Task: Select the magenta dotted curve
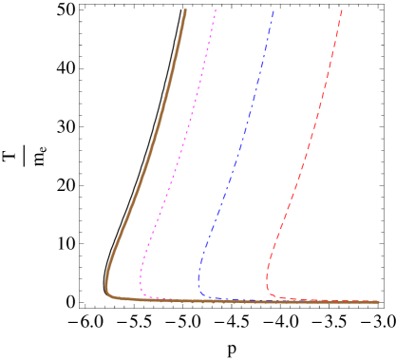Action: tap(175, 171)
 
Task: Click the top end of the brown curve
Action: tap(185, 10)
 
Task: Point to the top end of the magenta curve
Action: tap(216, 10)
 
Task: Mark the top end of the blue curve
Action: tap(273, 10)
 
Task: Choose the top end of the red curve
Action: tap(342, 10)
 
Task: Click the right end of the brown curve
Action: tap(378, 302)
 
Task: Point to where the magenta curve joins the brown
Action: tap(171, 300)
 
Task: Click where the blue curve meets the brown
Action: tap(228, 301)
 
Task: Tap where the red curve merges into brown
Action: tap(304, 301)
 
